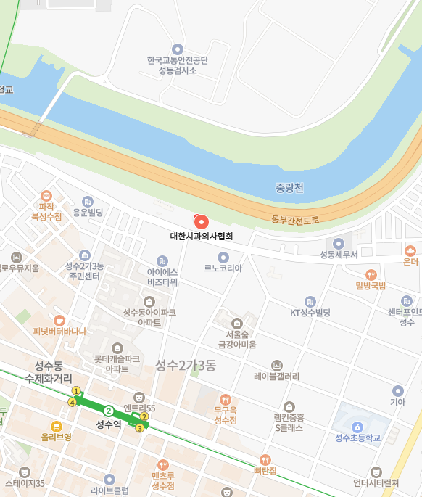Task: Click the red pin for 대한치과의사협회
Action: [202, 221]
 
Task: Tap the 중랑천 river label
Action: [290, 188]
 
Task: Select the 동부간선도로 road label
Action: [295, 219]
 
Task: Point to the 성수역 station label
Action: [108, 424]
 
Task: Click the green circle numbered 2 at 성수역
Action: [108, 411]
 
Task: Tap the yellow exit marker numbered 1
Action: [76, 391]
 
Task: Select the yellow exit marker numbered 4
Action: [72, 402]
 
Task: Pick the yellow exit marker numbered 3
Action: [139, 428]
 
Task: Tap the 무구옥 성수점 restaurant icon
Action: [226, 399]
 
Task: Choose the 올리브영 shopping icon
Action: [56, 427]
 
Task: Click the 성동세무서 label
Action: [339, 254]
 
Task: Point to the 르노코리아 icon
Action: [223, 257]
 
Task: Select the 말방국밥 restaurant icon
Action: [371, 274]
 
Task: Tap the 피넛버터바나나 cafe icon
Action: [59, 320]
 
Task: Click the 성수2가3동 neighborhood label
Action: [186, 365]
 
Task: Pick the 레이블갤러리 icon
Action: [276, 365]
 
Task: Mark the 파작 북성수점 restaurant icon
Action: [46, 195]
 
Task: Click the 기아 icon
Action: [397, 390]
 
